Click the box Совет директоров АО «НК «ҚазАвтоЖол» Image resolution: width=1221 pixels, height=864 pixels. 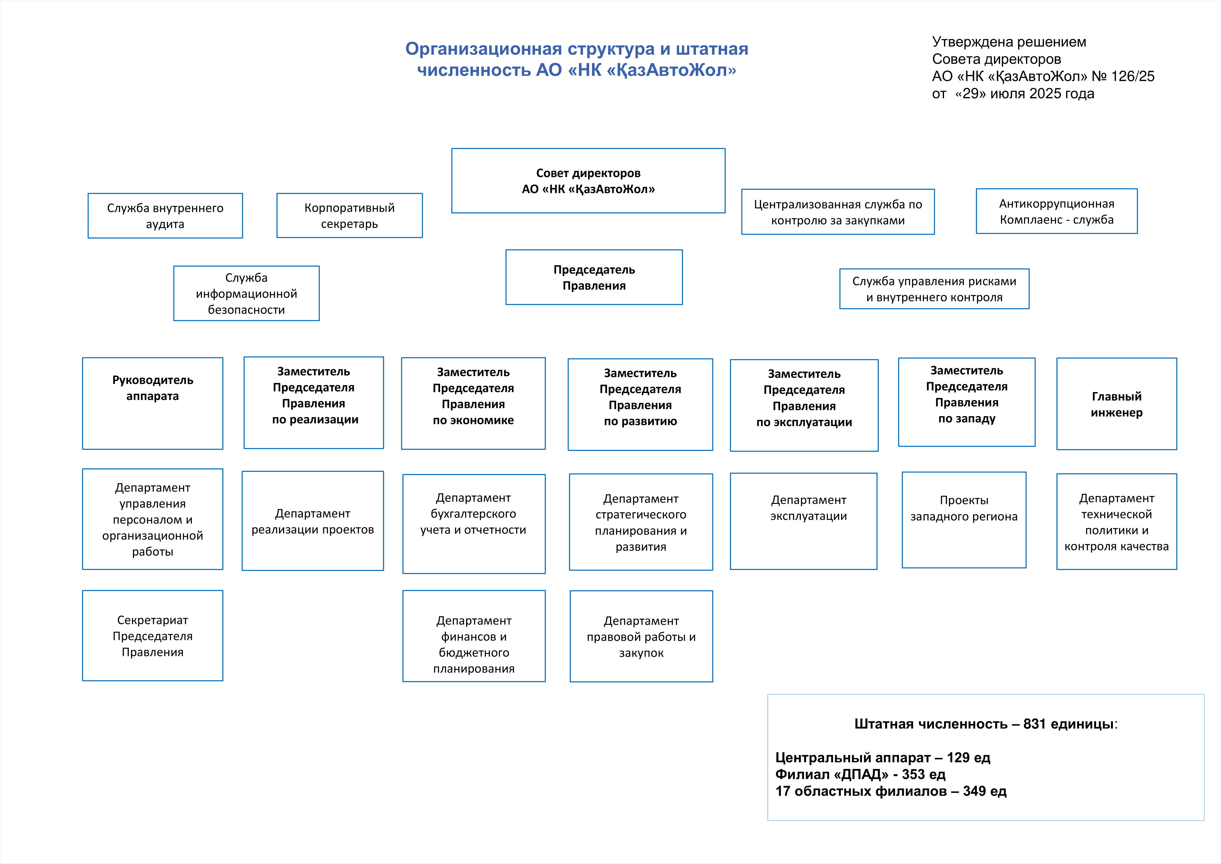pyautogui.click(x=588, y=181)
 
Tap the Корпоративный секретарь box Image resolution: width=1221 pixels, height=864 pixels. pyautogui.click(x=349, y=216)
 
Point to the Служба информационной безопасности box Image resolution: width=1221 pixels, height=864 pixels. pyautogui.click(x=246, y=293)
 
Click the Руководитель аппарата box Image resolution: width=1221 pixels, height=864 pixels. pyautogui.click(x=153, y=403)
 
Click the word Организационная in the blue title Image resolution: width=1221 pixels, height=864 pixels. pyautogui.click(x=483, y=49)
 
